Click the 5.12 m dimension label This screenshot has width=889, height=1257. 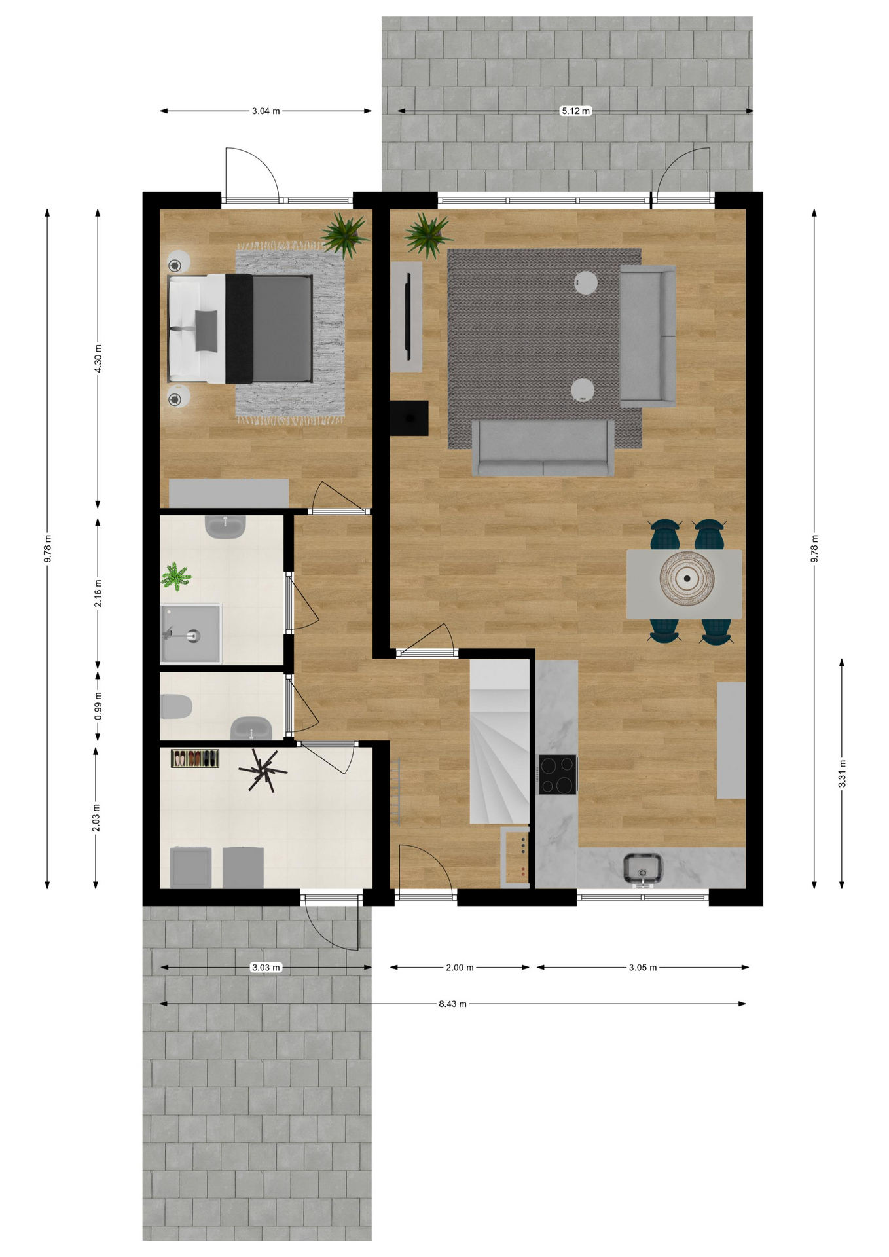pyautogui.click(x=575, y=111)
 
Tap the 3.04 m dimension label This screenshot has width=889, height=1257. pyautogui.click(x=266, y=111)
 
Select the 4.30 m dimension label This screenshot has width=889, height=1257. pyautogui.click(x=98, y=359)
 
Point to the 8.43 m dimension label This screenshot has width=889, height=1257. pyautogui.click(x=452, y=1004)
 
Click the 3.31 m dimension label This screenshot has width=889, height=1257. pyautogui.click(x=843, y=773)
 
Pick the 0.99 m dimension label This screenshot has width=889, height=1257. pyautogui.click(x=98, y=706)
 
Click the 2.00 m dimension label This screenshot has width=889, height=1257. pyautogui.click(x=460, y=967)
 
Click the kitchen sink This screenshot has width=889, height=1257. pyautogui.click(x=643, y=869)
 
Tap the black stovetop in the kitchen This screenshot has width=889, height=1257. pyautogui.click(x=558, y=774)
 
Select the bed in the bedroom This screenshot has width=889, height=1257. pyautogui.click(x=240, y=329)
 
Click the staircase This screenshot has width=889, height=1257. pyautogui.click(x=499, y=741)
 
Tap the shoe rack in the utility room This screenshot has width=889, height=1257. pyautogui.click(x=195, y=758)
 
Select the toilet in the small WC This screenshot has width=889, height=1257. pyautogui.click(x=176, y=707)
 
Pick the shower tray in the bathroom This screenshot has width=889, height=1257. pyautogui.click(x=191, y=634)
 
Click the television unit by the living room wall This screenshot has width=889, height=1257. pyautogui.click(x=407, y=317)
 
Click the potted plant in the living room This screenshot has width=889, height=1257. pyautogui.click(x=427, y=234)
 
